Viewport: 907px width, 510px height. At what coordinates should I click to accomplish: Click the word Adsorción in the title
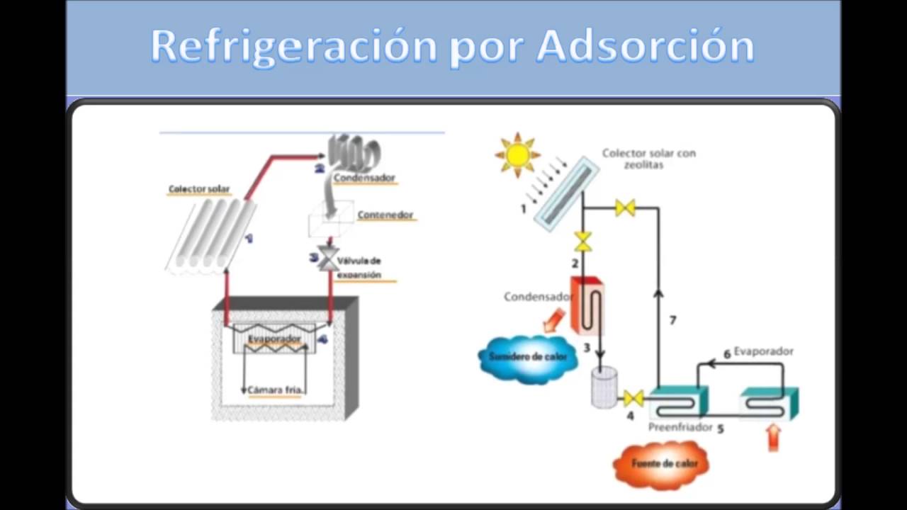coord(645,47)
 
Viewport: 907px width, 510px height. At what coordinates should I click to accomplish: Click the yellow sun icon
coord(517,154)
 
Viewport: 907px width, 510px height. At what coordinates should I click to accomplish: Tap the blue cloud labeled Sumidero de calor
coord(528,358)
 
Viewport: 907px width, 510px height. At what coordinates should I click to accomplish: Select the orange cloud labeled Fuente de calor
coord(660,465)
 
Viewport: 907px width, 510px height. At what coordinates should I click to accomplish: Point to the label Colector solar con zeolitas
coord(648,158)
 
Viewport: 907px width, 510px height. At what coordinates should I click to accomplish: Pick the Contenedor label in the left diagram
coord(385,215)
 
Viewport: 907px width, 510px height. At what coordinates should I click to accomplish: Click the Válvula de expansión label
coord(359,268)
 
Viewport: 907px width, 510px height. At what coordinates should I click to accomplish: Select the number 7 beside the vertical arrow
coord(672,321)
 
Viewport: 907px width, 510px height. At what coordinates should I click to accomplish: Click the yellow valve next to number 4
coord(633,398)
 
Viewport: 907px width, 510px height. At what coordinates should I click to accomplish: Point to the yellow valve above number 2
coord(582,242)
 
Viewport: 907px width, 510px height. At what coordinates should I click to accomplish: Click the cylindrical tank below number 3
coord(604,390)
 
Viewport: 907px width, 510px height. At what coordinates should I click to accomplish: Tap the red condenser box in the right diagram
coord(586,305)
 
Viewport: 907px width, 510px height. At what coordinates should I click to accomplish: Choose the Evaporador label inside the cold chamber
coord(274,340)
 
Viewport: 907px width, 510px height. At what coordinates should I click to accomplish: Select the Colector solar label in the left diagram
coord(199,189)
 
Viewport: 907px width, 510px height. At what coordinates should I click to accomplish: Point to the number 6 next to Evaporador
coord(726,353)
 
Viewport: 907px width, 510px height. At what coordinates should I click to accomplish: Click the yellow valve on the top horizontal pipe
coord(625,208)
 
